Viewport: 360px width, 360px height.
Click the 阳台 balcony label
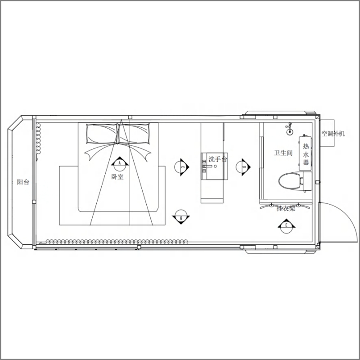(23, 182)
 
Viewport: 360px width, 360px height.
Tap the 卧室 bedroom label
(117, 176)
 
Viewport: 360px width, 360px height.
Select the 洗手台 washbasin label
(218, 159)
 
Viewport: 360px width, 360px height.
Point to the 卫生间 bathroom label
(283, 153)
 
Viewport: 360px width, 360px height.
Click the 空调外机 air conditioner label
(333, 133)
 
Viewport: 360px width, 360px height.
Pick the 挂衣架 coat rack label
(286, 208)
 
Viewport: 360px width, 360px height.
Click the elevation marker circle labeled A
(120, 165)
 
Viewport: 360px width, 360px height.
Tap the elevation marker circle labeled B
(181, 216)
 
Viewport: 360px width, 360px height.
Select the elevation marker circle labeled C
(181, 167)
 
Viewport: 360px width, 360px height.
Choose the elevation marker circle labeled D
(242, 167)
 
